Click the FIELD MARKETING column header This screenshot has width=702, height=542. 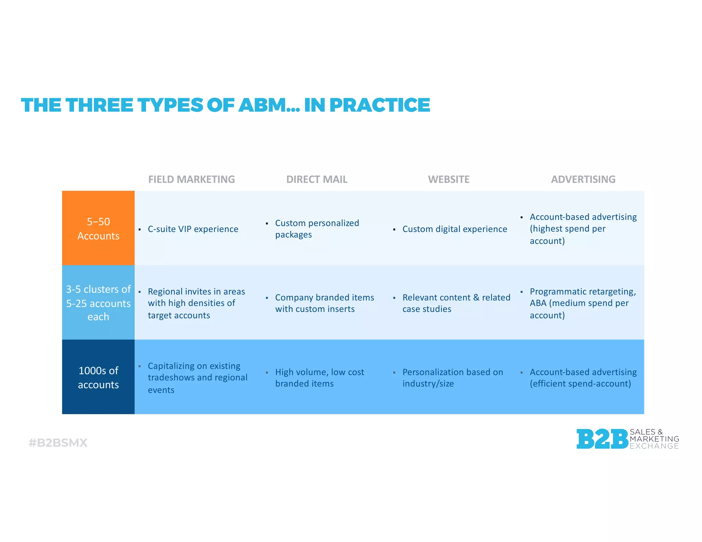coord(191,179)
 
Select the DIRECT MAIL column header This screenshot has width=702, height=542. coord(317,179)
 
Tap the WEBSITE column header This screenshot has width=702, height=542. coord(448,179)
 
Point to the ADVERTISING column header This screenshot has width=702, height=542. coord(583,179)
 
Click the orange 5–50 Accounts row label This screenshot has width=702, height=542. coord(98,228)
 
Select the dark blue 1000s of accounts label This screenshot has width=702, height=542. coord(98,377)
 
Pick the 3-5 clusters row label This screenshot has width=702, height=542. coord(98,303)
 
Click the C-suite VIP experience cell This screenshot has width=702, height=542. coord(193,229)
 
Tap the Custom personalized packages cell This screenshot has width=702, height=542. coord(317,229)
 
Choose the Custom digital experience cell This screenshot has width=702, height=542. coord(455,229)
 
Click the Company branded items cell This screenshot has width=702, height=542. coord(324,303)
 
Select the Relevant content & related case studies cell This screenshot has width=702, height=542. coord(456,303)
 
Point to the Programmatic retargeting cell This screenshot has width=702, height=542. coord(582,303)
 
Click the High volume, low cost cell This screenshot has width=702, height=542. coord(319,378)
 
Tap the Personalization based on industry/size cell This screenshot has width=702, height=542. coord(452,378)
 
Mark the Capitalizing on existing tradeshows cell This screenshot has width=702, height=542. coord(197,378)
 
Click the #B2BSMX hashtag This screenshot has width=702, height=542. coord(58,443)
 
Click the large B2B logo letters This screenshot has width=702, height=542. coord(602,439)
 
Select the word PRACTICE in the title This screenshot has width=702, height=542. coord(379,105)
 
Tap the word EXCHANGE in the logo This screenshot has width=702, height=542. coord(654,446)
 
